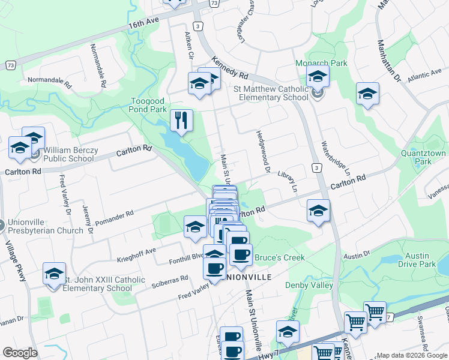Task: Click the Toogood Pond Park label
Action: coord(148,106)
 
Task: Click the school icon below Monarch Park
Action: coord(318,76)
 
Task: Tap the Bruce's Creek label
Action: coord(280,258)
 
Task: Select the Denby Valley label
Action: coord(309,285)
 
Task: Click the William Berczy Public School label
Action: coord(68,155)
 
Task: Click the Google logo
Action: coord(20,353)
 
